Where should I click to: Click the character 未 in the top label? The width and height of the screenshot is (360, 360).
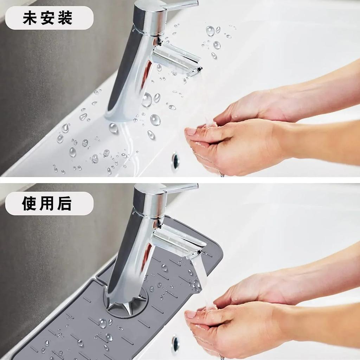coord(30,18)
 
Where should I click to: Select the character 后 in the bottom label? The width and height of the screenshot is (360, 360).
coord(65,204)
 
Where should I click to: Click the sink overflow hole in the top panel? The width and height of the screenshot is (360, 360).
coord(175,160)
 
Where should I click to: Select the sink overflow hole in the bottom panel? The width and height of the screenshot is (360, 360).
coord(175,344)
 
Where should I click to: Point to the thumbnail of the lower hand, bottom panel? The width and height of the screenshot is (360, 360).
coord(191,314)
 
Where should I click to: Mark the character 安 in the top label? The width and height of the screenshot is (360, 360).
coord(47,18)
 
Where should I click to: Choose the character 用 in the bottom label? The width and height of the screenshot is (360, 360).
coord(47,204)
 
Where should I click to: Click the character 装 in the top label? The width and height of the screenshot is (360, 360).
coord(65,18)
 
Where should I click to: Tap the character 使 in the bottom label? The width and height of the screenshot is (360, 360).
coord(30,204)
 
